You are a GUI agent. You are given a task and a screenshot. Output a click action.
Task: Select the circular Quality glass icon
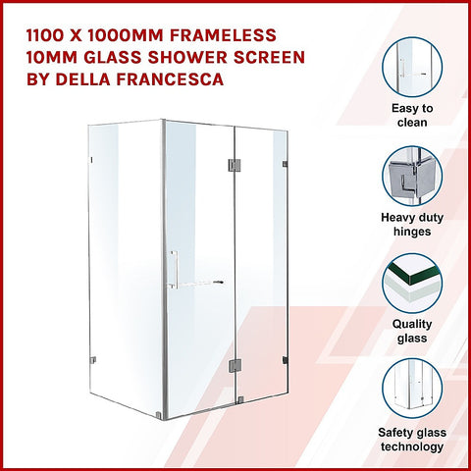pyautogui.click(x=412, y=284)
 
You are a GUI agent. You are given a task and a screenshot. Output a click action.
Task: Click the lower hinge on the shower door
pyautogui.click(x=233, y=365)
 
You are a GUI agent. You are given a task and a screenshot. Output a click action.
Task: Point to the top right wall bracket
pyautogui.click(x=285, y=162)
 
